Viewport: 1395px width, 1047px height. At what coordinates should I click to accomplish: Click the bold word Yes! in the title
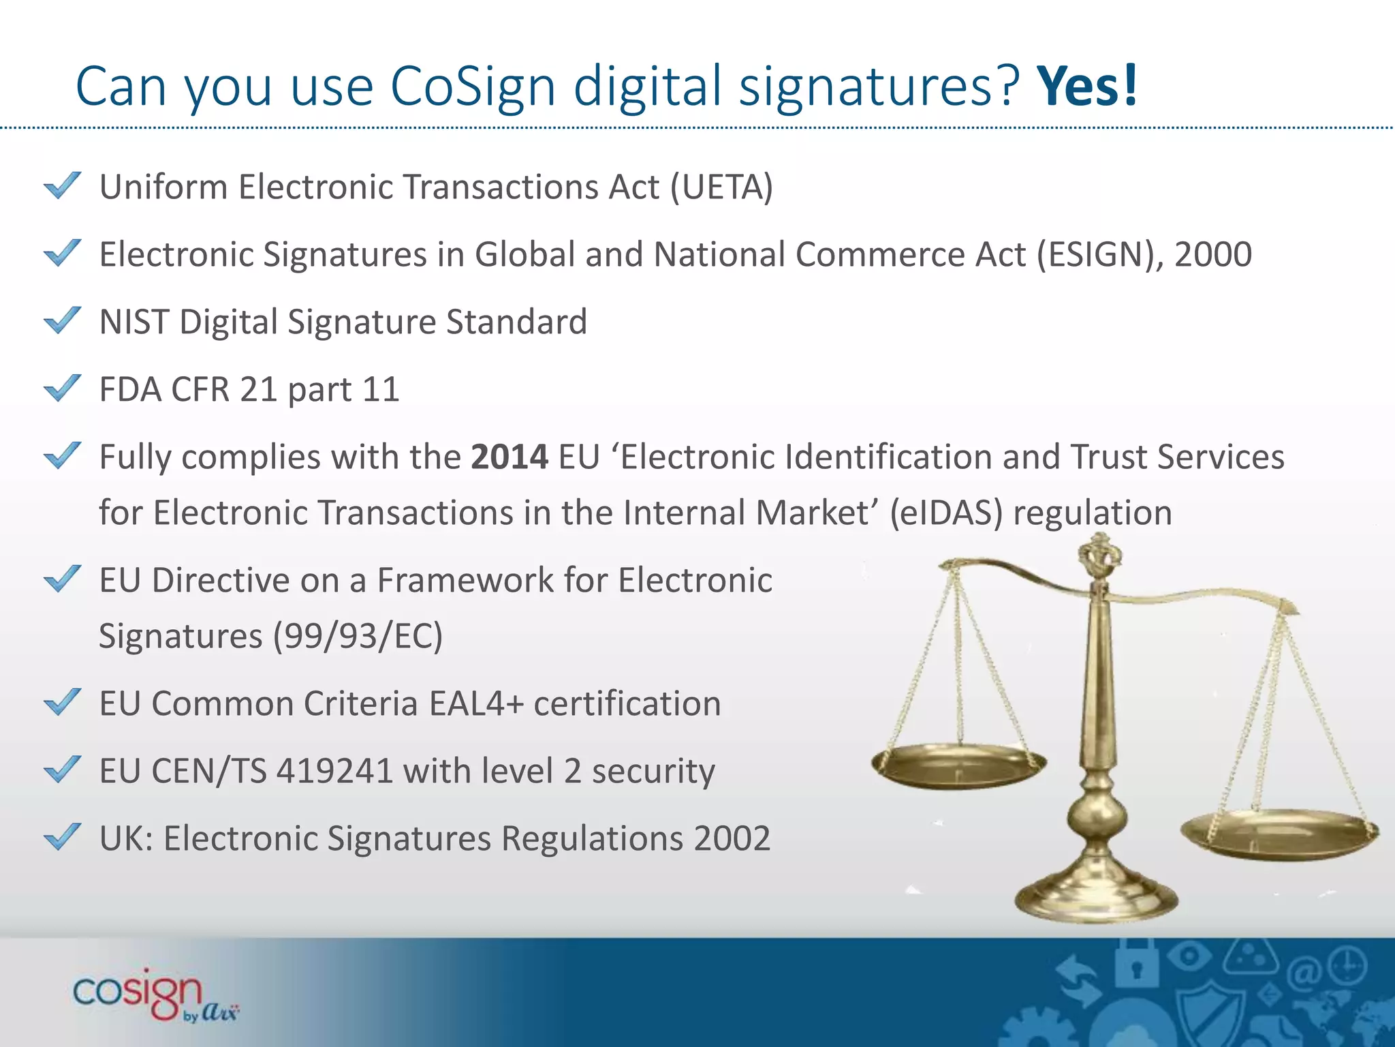click(1087, 86)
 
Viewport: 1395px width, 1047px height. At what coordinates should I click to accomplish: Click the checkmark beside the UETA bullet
click(62, 185)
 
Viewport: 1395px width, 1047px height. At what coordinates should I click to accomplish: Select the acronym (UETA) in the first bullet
click(721, 187)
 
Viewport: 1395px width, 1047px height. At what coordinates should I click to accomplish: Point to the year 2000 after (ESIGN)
click(1213, 254)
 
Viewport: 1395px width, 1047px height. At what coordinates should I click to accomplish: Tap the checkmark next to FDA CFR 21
click(62, 389)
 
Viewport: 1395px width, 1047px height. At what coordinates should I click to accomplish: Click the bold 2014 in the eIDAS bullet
click(510, 457)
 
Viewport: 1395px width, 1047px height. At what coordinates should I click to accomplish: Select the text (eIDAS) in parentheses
click(947, 513)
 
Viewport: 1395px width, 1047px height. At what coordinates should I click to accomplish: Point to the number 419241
click(335, 771)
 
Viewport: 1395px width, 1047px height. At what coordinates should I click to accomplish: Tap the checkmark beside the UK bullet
click(62, 837)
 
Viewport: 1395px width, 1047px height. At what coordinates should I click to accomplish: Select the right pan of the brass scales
click(1279, 834)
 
